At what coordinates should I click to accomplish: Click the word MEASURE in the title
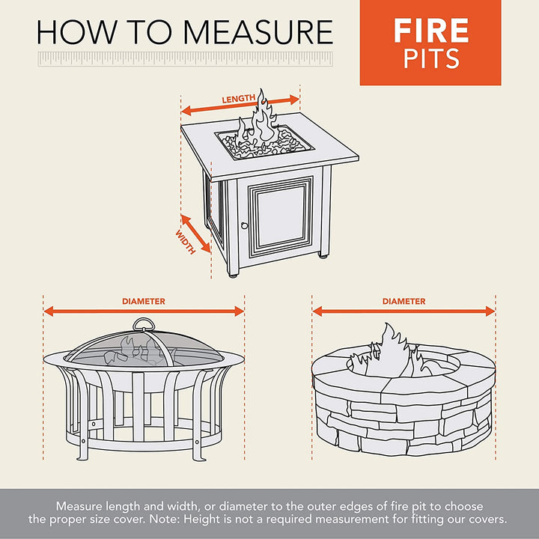258,32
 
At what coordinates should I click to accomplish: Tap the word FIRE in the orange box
430,31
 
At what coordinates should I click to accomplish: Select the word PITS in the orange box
430,58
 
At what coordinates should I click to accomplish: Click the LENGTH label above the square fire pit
238,99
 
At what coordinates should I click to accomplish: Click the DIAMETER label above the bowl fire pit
144,302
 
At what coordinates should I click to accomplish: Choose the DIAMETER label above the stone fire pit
404,302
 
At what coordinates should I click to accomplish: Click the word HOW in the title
67,32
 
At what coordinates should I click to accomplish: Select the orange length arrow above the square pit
240,109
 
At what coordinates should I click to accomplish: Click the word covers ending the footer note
487,519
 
